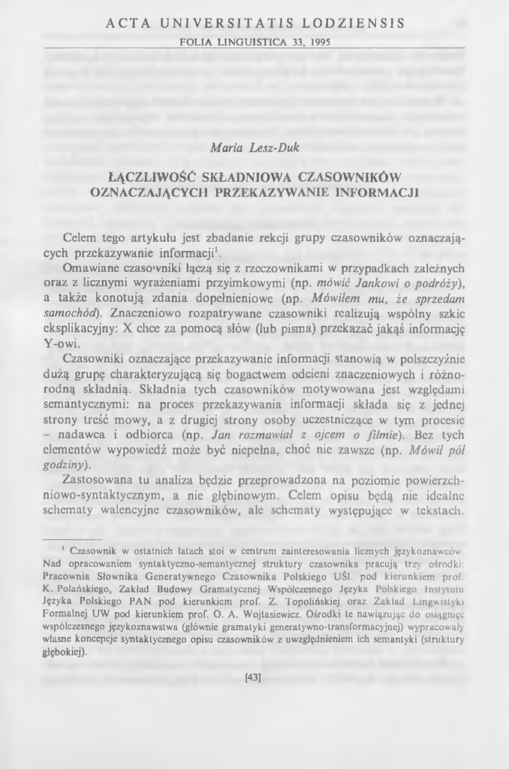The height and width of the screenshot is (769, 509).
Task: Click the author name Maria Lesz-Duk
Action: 254,147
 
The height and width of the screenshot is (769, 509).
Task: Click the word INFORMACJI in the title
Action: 376,191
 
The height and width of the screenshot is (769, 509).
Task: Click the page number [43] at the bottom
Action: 254,678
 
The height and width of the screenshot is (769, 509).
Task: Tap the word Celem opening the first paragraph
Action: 80,237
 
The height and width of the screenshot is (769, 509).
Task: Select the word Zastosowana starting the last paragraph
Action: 100,479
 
